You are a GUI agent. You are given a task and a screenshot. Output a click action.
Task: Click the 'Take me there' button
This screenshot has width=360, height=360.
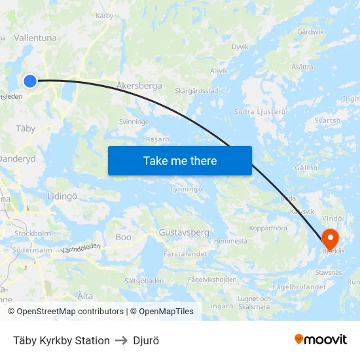click(x=180, y=160)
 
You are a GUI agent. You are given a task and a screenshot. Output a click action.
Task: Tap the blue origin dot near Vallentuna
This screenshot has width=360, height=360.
click(x=30, y=81)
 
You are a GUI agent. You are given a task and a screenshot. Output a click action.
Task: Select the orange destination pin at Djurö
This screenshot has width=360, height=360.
click(x=329, y=239)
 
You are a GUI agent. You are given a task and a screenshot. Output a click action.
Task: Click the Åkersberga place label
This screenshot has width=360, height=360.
click(x=139, y=85)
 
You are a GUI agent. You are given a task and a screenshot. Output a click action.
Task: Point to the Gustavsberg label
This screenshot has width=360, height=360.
click(x=184, y=232)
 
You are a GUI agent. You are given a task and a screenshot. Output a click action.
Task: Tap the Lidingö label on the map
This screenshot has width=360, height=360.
click(x=62, y=196)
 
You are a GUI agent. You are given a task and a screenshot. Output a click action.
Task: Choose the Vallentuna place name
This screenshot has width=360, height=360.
click(x=35, y=39)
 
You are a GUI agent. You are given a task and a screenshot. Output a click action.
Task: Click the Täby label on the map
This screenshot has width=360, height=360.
click(x=26, y=128)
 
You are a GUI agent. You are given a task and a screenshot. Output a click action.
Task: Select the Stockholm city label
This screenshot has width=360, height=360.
click(x=33, y=233)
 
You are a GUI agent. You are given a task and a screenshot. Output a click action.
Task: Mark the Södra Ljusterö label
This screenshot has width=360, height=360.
click(x=261, y=111)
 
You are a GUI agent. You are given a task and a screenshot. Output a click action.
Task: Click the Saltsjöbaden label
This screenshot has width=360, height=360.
click(x=144, y=280)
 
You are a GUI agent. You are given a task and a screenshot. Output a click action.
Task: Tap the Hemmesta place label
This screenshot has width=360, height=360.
click(x=231, y=241)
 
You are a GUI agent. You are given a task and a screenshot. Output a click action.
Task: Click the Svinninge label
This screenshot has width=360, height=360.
click(x=134, y=122)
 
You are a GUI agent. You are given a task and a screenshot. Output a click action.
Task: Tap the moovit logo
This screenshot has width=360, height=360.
click(x=320, y=340)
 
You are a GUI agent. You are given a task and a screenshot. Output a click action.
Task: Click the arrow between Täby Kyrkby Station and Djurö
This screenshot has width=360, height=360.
click(x=121, y=340)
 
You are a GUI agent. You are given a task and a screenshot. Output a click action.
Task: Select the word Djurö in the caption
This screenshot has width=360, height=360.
click(x=146, y=340)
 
